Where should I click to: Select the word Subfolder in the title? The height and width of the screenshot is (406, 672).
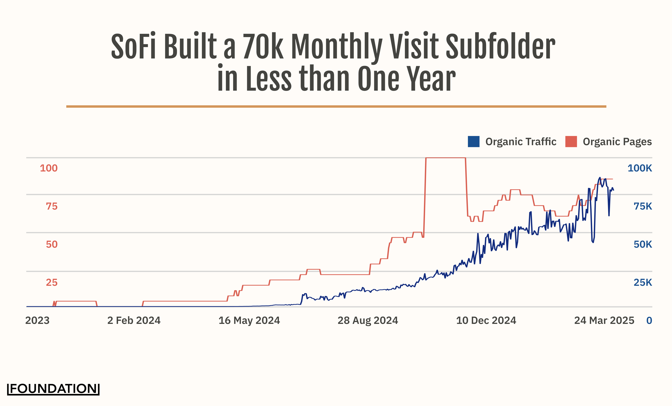(x=500, y=46)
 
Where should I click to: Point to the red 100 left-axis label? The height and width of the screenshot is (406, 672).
(x=49, y=168)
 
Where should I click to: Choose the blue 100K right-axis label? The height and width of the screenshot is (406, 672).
(x=640, y=168)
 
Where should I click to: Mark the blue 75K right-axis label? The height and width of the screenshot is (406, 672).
(x=642, y=206)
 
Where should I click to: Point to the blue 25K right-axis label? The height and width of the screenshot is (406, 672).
(x=642, y=283)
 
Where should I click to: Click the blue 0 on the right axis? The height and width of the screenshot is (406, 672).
(x=649, y=321)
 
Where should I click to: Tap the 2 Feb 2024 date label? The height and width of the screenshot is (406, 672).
(x=134, y=321)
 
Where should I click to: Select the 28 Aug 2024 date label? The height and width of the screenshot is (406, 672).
(x=368, y=321)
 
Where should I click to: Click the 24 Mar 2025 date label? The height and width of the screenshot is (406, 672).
(x=604, y=321)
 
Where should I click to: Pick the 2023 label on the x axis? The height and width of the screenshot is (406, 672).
(x=37, y=321)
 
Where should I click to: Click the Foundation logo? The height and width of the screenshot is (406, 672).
(x=53, y=389)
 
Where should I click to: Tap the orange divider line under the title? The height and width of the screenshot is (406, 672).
(x=336, y=106)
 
